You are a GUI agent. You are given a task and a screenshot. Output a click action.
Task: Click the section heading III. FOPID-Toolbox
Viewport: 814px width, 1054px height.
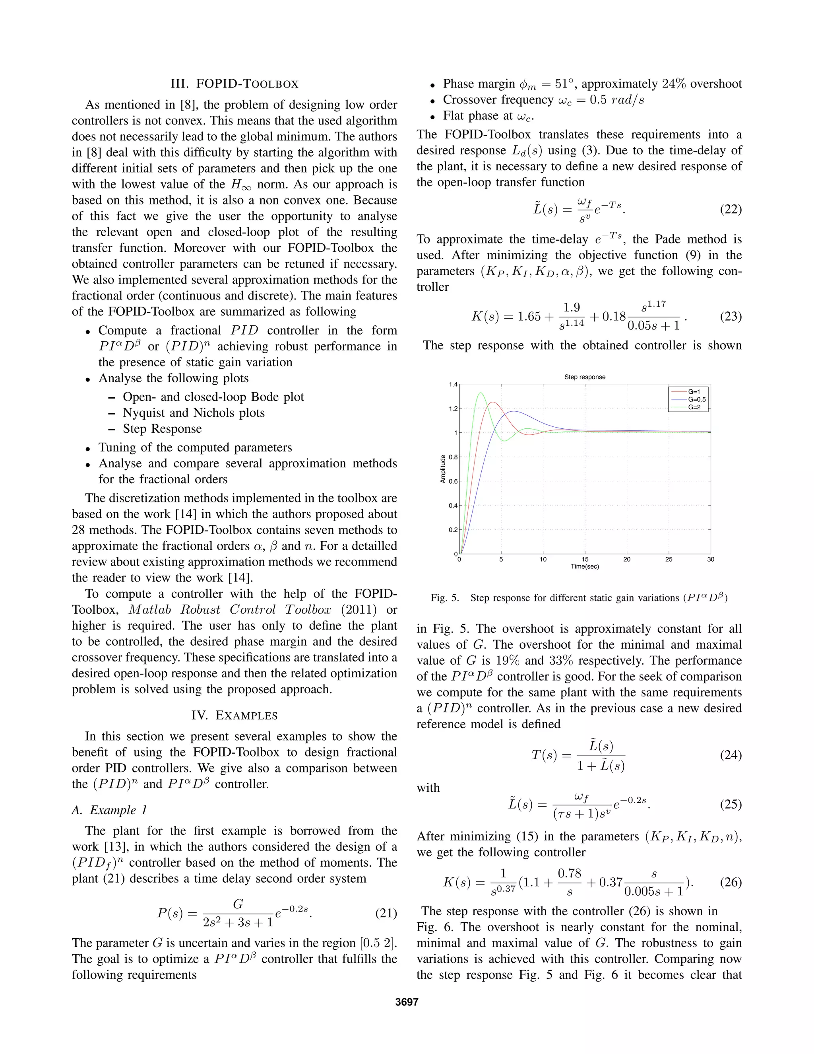click(235, 84)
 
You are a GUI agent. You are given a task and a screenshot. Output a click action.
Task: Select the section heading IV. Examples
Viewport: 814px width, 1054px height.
click(235, 715)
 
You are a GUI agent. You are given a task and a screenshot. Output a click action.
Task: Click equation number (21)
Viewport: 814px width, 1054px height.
click(386, 913)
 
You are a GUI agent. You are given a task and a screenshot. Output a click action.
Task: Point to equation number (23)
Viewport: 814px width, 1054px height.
click(731, 317)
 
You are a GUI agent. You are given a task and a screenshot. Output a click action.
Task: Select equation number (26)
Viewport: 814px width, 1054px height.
click(731, 882)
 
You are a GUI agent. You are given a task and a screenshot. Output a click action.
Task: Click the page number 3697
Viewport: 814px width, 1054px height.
click(407, 1002)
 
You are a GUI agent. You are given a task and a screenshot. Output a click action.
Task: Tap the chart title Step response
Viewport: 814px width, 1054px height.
click(584, 377)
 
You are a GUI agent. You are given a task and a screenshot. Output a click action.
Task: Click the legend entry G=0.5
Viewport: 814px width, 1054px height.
click(696, 400)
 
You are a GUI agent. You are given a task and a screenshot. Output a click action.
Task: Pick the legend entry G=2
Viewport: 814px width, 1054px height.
click(694, 407)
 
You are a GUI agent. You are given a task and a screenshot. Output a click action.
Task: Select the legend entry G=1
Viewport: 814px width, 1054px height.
click(694, 392)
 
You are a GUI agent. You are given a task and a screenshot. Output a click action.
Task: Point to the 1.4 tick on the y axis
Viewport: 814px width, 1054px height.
click(453, 385)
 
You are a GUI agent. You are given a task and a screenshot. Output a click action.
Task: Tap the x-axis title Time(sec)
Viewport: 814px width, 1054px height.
click(584, 566)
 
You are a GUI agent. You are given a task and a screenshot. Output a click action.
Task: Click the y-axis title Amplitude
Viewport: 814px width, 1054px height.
click(443, 469)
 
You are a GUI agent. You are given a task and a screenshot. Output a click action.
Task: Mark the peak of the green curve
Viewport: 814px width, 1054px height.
click(480, 393)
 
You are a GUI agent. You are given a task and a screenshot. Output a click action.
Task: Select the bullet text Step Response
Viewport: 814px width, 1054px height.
click(162, 428)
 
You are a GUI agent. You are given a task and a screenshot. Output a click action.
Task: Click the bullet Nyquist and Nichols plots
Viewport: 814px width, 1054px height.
click(194, 412)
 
